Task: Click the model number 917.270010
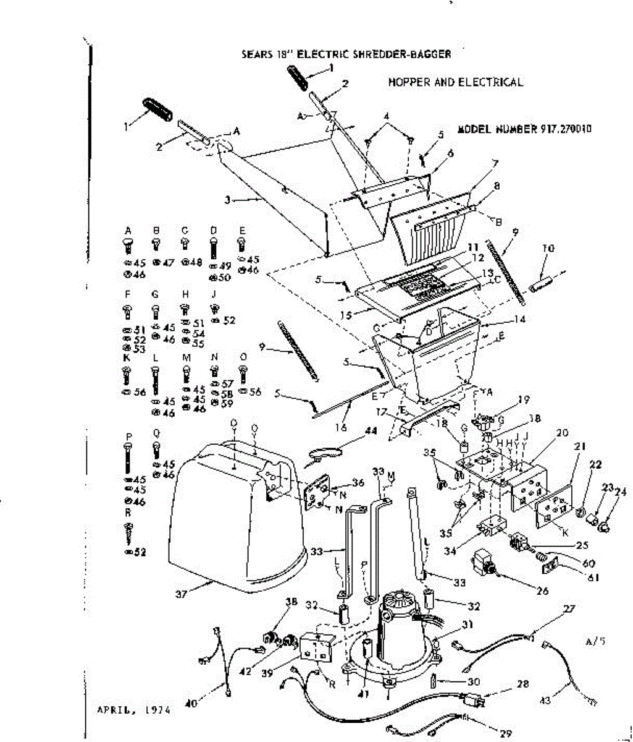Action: (525, 130)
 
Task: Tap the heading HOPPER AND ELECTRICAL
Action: (456, 82)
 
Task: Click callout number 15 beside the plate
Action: (348, 315)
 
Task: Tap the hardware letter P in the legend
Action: (128, 437)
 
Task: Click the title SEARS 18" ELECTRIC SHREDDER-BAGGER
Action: (346, 54)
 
